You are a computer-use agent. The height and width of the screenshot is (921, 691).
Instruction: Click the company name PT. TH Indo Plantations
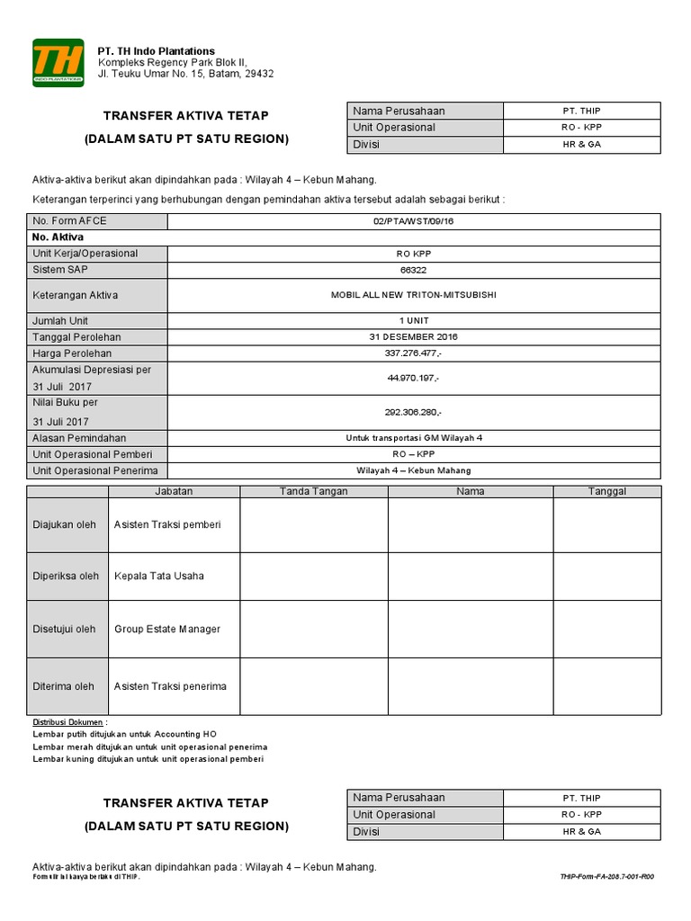point(156,51)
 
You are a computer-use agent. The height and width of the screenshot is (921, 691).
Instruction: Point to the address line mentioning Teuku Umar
point(185,74)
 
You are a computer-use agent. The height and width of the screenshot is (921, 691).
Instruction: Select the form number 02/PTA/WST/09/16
point(414,221)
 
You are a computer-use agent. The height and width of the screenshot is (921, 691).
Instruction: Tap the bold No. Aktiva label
point(58,237)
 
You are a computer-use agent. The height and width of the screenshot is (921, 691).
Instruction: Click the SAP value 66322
point(414,270)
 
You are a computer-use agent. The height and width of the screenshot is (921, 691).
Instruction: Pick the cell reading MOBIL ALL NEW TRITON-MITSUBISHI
point(414,295)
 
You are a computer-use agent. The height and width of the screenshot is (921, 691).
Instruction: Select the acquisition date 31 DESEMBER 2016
point(414,336)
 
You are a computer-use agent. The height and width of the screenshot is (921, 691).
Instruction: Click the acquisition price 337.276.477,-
point(414,353)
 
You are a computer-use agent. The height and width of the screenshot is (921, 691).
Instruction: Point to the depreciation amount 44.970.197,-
point(414,379)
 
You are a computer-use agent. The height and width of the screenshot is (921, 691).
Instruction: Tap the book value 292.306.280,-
point(414,412)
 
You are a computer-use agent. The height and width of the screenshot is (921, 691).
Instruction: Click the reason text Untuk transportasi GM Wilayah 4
point(414,438)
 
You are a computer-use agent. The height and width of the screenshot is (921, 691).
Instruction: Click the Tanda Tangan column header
point(313,491)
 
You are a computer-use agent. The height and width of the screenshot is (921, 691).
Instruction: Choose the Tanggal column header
point(607,491)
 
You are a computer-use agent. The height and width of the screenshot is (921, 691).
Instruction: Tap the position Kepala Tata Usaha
point(158,576)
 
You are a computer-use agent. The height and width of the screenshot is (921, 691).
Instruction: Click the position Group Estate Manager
point(166,629)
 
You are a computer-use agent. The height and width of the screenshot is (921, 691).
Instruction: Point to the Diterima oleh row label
point(63,686)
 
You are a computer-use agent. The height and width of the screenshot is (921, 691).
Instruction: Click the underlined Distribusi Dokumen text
point(68,722)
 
